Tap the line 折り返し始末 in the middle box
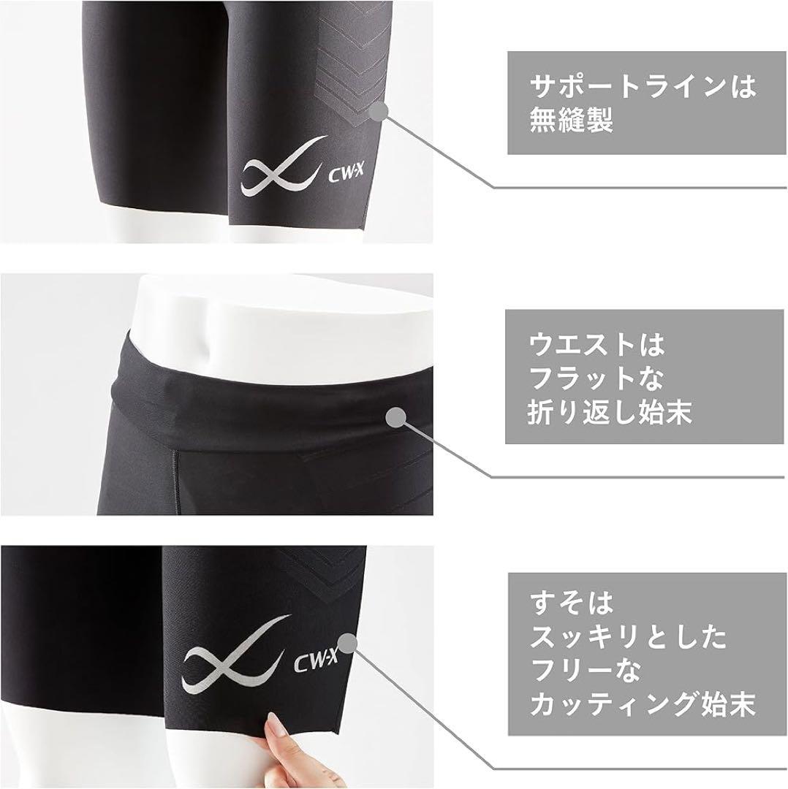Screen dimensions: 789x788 click(610, 412)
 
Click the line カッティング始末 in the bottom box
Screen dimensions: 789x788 click(641, 704)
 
